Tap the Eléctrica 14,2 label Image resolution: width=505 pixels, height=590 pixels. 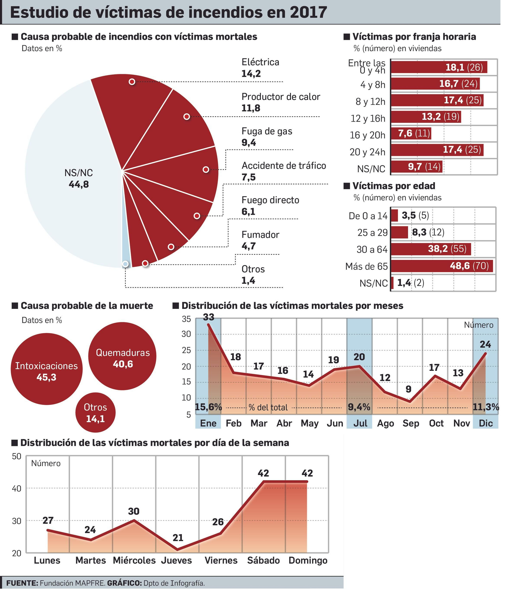pos(260,68)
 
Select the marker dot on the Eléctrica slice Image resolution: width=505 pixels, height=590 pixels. pos(132,82)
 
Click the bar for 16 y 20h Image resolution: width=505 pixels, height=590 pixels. pos(411,134)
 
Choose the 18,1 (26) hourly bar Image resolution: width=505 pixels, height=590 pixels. pos(439,67)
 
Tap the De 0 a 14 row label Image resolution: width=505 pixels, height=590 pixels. pos(368,216)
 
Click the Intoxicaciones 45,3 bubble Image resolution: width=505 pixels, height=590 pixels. pos(46,369)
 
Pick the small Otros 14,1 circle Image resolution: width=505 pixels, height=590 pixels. pos(95,412)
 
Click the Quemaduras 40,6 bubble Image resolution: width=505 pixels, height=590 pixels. pos(122,356)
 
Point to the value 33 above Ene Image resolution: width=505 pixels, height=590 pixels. pos(208,317)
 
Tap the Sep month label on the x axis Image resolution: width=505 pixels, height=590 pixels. pos(410,423)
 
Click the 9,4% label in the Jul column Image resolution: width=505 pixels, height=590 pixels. pos(359,407)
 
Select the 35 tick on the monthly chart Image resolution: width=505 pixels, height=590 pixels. pos(186,319)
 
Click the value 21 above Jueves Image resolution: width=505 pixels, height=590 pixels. pos(178,538)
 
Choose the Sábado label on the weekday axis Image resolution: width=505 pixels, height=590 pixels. pos(263,560)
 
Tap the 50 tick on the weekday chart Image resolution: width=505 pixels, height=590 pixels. pos(16,456)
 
